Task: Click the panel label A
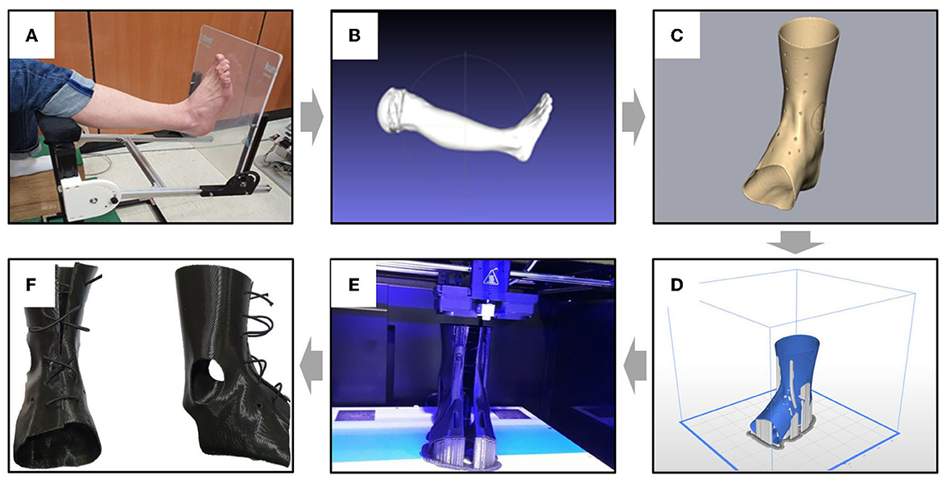pos(32,36)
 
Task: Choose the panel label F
pos(32,284)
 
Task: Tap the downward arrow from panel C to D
pos(794,240)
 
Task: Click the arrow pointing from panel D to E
pos(633,365)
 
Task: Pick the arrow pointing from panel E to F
pos(311,365)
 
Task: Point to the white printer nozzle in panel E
pos(485,308)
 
